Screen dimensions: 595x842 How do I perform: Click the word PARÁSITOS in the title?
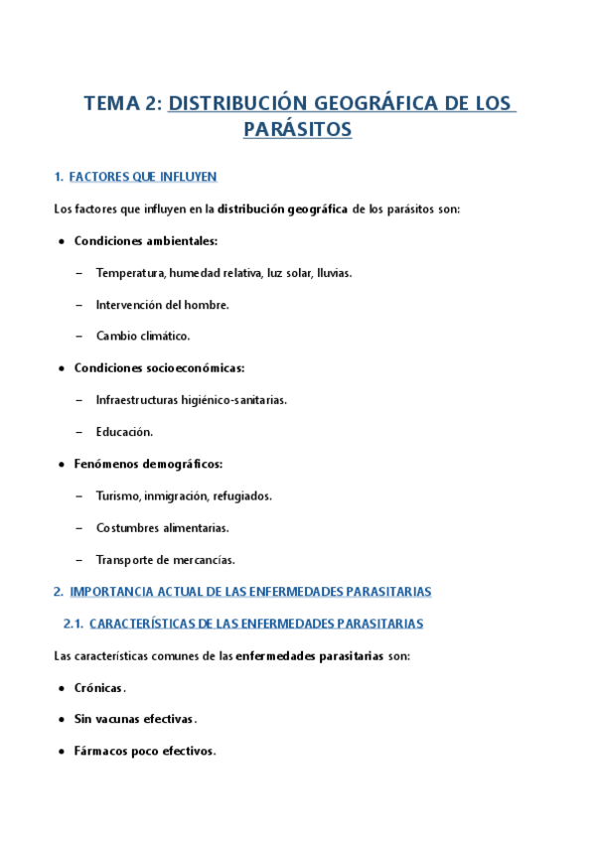click(x=297, y=129)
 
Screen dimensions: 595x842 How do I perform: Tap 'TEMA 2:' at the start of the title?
click(x=122, y=102)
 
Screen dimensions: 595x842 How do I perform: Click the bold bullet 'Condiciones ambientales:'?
click(x=145, y=241)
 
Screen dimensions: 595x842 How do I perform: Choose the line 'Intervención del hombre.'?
click(x=162, y=305)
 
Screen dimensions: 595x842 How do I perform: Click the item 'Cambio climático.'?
click(x=142, y=337)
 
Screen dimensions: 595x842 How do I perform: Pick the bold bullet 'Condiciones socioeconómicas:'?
click(x=159, y=368)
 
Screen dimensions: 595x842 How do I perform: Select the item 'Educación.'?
click(x=124, y=432)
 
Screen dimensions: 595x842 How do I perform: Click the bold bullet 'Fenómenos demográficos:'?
click(x=148, y=464)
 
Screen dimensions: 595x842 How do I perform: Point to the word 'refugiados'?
click(x=242, y=495)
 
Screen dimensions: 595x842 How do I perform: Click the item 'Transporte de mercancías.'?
click(x=165, y=559)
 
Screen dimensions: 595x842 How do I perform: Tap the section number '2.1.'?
click(x=73, y=624)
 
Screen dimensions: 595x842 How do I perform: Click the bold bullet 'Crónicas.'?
click(x=99, y=688)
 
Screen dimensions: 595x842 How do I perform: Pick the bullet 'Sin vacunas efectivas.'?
click(x=135, y=720)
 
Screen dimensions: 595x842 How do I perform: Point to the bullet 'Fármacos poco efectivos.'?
click(x=144, y=752)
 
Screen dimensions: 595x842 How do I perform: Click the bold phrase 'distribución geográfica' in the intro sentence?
click(x=283, y=209)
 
